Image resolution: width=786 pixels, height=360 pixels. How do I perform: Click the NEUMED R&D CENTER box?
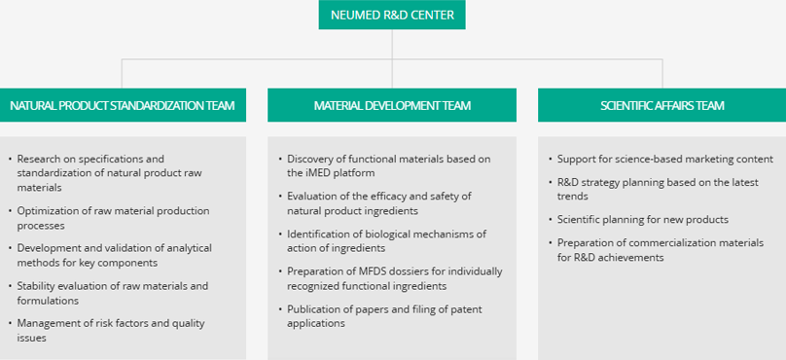(392, 15)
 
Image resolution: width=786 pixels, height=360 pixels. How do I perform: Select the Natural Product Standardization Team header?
(123, 105)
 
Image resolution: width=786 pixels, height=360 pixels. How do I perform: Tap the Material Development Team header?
(392, 105)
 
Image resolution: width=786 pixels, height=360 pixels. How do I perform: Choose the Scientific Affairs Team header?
(662, 105)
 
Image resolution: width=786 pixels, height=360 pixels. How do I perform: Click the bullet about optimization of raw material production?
(113, 218)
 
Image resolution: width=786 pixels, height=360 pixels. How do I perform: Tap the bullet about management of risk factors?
(111, 331)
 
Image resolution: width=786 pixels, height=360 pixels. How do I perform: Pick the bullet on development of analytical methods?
(114, 255)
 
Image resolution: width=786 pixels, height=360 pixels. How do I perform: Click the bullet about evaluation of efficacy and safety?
(379, 203)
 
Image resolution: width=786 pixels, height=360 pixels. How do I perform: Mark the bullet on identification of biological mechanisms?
(386, 240)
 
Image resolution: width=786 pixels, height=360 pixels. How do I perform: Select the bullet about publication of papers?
(384, 316)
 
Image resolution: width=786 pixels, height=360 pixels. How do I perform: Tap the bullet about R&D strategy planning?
(658, 189)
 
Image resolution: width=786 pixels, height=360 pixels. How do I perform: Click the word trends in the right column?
(572, 196)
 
